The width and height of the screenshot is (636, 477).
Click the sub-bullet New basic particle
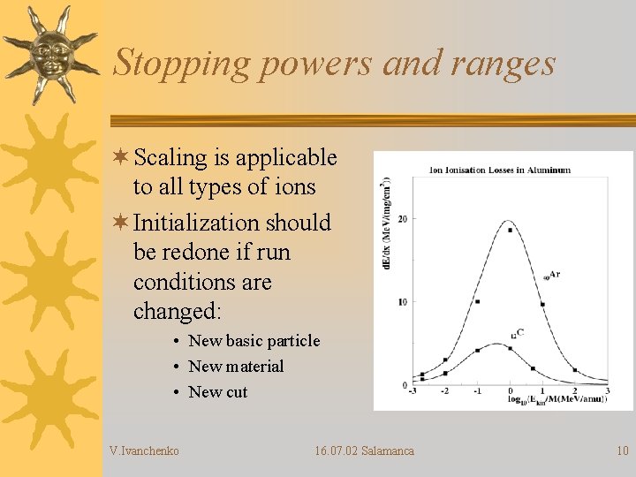point(254,341)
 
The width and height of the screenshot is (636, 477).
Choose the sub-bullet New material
point(236,367)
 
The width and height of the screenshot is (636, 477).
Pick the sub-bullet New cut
point(218,392)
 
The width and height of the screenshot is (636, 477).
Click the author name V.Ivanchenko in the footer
point(144,451)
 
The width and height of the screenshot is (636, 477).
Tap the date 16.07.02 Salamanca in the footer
point(364,451)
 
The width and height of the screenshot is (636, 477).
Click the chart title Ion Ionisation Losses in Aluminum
point(500,170)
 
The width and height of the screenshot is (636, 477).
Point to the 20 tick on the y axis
point(404,218)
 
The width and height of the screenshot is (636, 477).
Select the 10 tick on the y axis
point(404,302)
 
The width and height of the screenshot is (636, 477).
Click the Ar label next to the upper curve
point(554,275)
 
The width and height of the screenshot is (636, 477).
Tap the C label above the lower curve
point(519,333)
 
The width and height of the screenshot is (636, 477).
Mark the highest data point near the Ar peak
point(510,230)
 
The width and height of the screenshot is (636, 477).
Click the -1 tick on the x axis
point(477,391)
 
